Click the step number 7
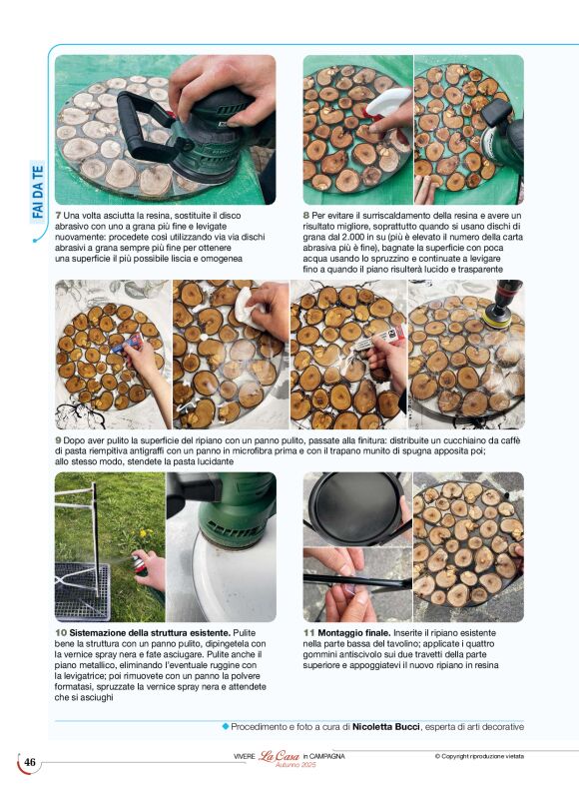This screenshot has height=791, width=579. [x=58, y=216]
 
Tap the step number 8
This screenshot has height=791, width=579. [x=306, y=216]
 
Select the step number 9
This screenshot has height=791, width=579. [x=58, y=440]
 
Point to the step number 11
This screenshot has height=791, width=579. [x=308, y=632]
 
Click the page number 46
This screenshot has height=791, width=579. [x=30, y=762]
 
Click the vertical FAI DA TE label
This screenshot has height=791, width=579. [x=38, y=192]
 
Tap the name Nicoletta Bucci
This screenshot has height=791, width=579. [x=385, y=727]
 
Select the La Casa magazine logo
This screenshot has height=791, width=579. [x=279, y=756]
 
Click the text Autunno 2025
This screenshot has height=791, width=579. [x=295, y=765]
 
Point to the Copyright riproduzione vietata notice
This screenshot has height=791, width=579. [x=479, y=756]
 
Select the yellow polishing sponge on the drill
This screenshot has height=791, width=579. [x=492, y=318]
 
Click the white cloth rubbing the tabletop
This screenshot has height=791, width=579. [x=249, y=308]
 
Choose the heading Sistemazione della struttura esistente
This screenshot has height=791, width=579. [x=150, y=632]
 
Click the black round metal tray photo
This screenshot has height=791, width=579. [x=357, y=509]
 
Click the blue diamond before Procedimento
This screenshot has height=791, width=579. [x=226, y=726]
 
